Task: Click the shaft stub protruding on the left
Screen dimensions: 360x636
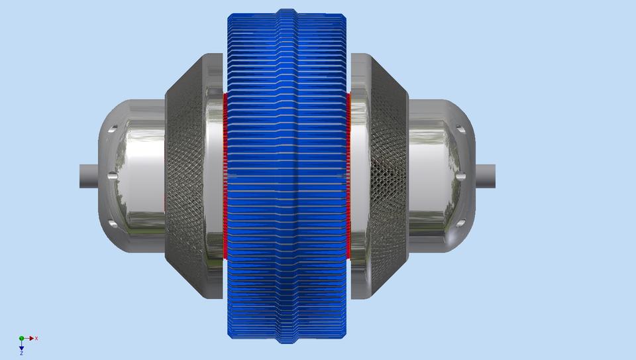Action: (89, 176)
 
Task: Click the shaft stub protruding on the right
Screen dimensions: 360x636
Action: (486, 176)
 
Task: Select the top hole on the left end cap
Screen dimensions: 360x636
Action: (113, 129)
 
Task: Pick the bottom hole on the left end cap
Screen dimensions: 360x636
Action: (113, 224)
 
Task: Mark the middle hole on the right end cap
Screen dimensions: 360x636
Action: (461, 176)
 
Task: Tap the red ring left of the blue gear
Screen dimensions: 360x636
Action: (225, 176)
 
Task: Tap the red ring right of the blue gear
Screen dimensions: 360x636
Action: (348, 176)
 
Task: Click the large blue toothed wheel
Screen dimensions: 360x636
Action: (286, 176)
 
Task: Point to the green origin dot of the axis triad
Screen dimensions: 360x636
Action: (21, 338)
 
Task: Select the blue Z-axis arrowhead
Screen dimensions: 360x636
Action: (21, 347)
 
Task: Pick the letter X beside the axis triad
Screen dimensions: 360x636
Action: (36, 338)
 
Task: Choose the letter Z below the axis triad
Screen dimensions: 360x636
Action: (21, 353)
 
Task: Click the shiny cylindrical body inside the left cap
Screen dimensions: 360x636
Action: (139, 176)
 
